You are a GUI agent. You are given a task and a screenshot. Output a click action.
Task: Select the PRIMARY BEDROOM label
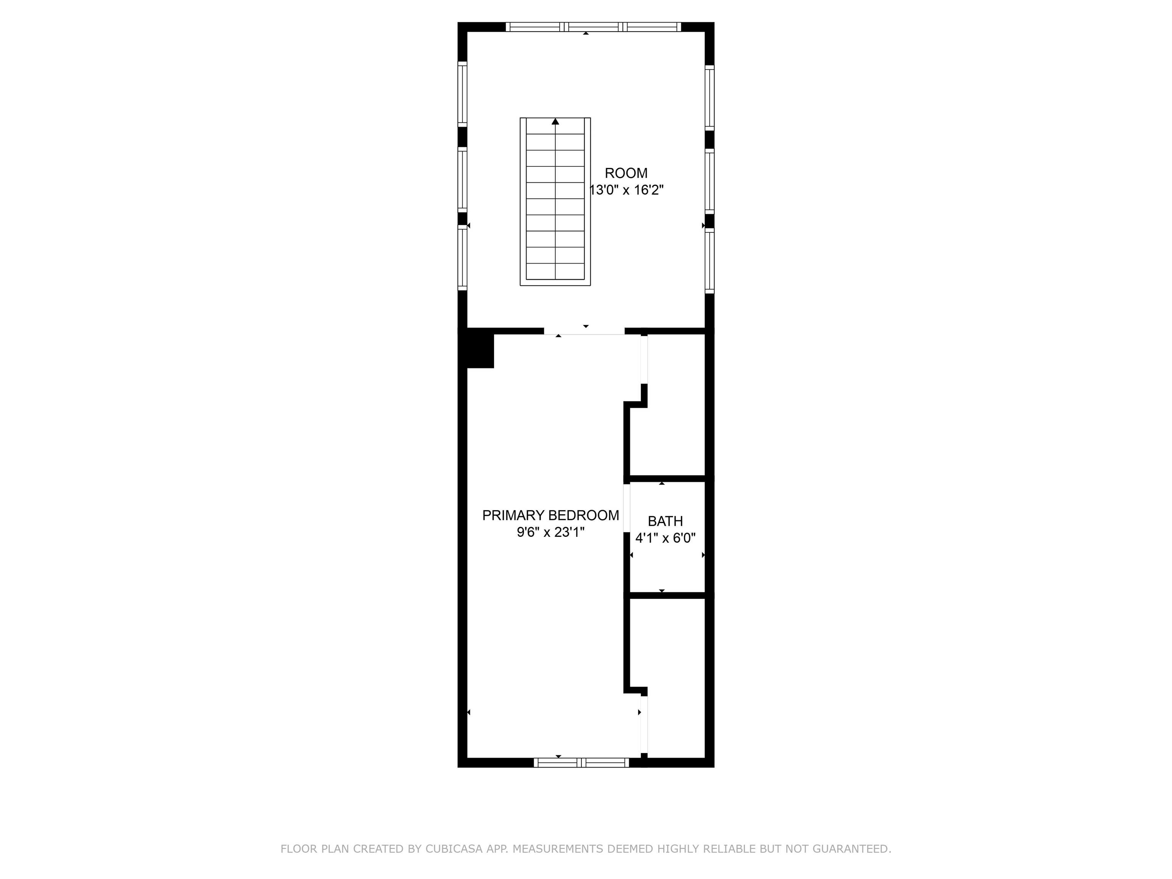pyautogui.click(x=550, y=515)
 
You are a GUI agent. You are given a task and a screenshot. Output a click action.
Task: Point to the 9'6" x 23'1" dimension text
pyautogui.click(x=551, y=532)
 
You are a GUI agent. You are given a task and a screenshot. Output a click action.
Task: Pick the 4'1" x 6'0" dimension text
pyautogui.click(x=665, y=538)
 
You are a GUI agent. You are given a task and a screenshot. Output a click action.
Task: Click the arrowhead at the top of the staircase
pyautogui.click(x=555, y=122)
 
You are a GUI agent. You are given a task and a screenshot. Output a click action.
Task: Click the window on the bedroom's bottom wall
pyautogui.click(x=581, y=762)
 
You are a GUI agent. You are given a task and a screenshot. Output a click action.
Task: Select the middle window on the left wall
pyautogui.click(x=462, y=180)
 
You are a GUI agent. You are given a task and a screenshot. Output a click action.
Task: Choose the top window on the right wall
pyautogui.click(x=710, y=98)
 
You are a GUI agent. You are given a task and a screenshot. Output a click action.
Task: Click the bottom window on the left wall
pyautogui.click(x=462, y=258)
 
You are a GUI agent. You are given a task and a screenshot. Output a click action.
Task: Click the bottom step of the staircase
pyautogui.click(x=555, y=271)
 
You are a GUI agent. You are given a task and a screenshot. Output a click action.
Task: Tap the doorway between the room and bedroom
pyautogui.click(x=584, y=331)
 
